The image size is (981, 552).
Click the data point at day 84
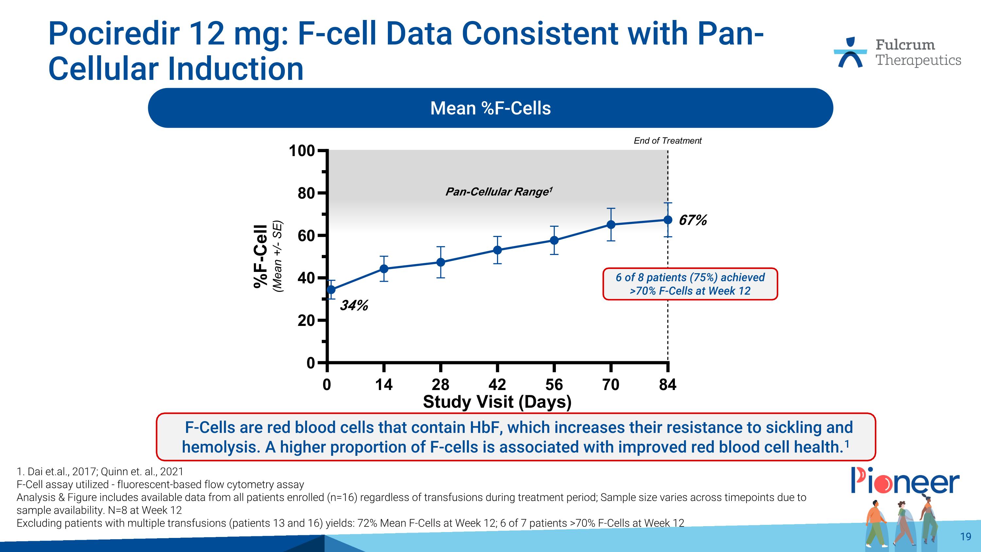pyautogui.click(x=668, y=220)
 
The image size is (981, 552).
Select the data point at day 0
pyautogui.click(x=331, y=290)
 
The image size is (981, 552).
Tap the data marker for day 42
pyautogui.click(x=497, y=250)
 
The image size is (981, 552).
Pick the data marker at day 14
pyautogui.click(x=384, y=269)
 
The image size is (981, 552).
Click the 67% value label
pyautogui.click(x=693, y=220)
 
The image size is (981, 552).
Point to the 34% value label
pyautogui.click(x=354, y=305)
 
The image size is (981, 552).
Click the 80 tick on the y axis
pyautogui.click(x=306, y=193)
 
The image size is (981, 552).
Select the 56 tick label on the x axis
pyautogui.click(x=554, y=384)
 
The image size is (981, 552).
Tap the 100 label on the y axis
pyautogui.click(x=301, y=151)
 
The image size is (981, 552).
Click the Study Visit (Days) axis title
pyautogui.click(x=497, y=402)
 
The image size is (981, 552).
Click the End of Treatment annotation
pyautogui.click(x=667, y=141)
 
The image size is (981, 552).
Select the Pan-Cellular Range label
pyautogui.click(x=498, y=191)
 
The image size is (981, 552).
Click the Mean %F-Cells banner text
pyautogui.click(x=490, y=108)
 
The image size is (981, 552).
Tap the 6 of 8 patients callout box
pyautogui.click(x=690, y=284)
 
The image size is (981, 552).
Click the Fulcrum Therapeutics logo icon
pyautogui.click(x=850, y=53)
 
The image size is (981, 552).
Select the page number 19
pyautogui.click(x=965, y=536)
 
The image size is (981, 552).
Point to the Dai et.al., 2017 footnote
pyautogui.click(x=100, y=472)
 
